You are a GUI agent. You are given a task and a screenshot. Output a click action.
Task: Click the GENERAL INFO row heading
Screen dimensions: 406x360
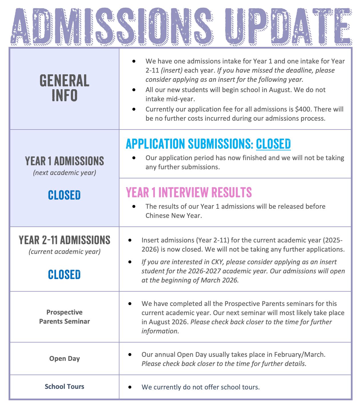(x=64, y=88)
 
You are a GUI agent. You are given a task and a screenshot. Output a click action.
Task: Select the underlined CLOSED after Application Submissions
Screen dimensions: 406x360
(x=273, y=144)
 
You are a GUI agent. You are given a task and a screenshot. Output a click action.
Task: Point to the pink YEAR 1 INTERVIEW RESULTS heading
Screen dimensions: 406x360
(x=189, y=192)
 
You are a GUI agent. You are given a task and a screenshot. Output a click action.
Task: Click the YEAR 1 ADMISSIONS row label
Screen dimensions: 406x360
(x=64, y=161)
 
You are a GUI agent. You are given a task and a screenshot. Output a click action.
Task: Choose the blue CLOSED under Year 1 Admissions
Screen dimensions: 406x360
(x=64, y=195)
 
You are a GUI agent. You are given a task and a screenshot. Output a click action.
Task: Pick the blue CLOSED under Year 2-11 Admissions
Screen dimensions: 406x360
(x=64, y=274)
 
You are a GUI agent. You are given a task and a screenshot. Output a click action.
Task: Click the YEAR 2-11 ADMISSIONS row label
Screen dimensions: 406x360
(x=64, y=240)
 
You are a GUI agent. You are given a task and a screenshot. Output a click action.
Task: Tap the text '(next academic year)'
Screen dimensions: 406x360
(x=64, y=173)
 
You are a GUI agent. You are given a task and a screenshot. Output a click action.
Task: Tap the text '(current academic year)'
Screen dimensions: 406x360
(x=64, y=252)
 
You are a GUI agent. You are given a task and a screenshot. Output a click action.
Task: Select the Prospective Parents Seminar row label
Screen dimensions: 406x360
(x=64, y=317)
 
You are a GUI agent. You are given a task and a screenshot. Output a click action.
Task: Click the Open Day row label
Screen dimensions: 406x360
(x=64, y=359)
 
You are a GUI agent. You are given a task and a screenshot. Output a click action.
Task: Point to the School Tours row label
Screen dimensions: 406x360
(x=64, y=387)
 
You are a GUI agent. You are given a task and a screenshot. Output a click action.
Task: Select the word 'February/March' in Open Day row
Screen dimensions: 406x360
(x=299, y=355)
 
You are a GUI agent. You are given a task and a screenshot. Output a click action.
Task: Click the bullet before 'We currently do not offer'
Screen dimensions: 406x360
(x=130, y=387)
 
